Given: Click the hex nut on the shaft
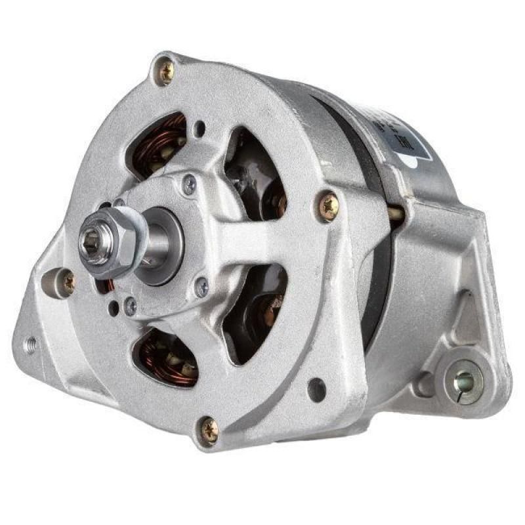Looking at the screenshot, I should pos(115,244).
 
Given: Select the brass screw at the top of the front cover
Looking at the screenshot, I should pos(166,72).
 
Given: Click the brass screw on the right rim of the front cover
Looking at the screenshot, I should pos(328,205).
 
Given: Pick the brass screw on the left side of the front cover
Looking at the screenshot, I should pos(68,282).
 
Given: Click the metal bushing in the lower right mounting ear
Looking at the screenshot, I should pos(465,379).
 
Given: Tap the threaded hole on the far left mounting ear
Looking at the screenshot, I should pos(30,343).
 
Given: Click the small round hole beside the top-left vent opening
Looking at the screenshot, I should pos(200,128).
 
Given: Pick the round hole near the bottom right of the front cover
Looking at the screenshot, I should pos(316,390).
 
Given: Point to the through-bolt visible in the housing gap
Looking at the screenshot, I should pos(396,213).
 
